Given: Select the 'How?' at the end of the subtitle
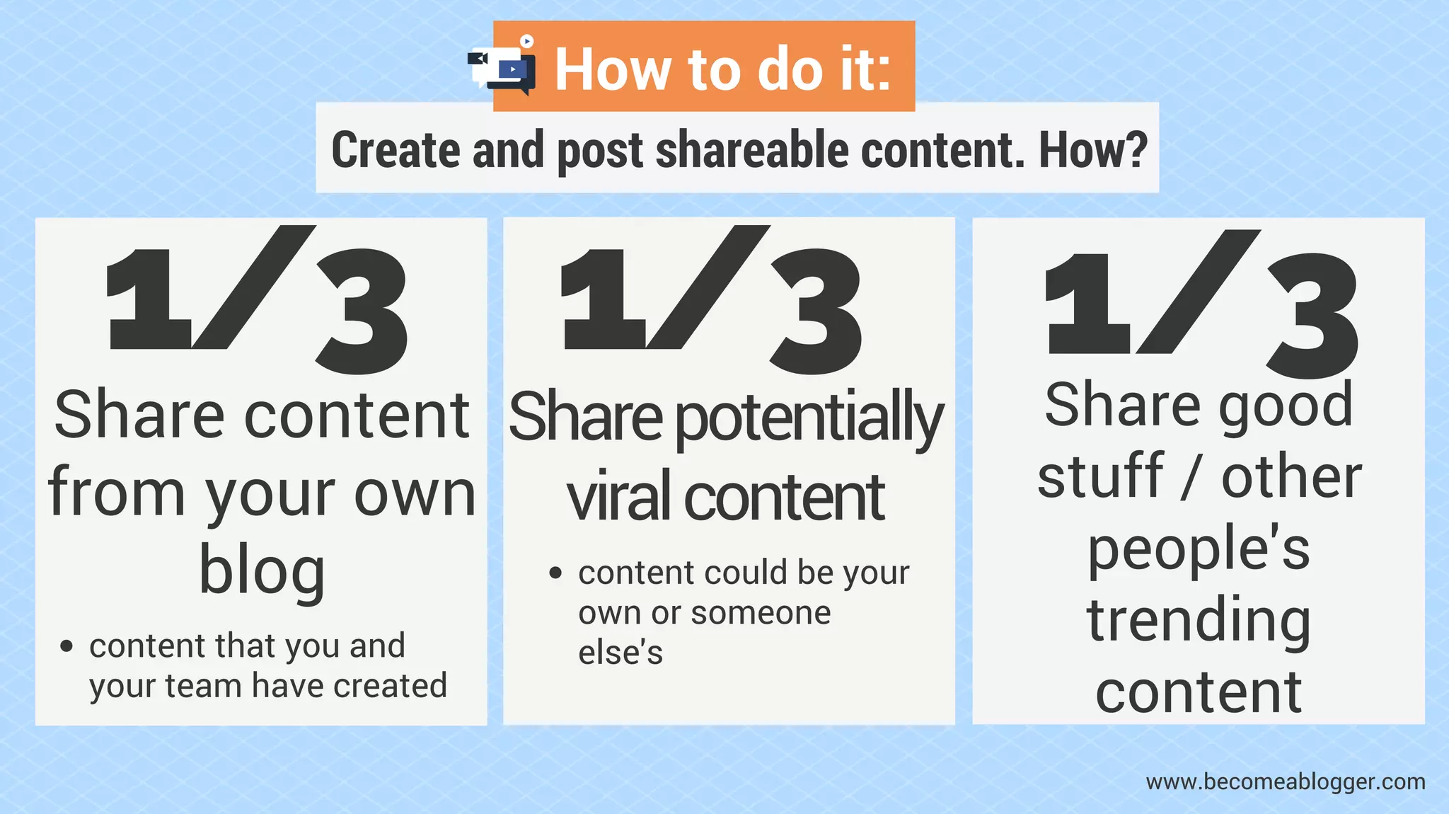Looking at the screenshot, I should click(x=1092, y=150).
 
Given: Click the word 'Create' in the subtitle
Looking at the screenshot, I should click(x=396, y=150).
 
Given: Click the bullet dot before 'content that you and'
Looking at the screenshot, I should click(x=67, y=646).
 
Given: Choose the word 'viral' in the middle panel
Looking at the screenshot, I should click(x=618, y=496).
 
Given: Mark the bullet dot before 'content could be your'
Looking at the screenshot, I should click(x=555, y=573).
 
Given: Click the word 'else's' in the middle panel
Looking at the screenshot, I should click(x=620, y=653).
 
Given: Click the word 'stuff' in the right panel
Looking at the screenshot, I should click(x=1100, y=476).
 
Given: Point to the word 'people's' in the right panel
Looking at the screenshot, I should click(x=1199, y=549).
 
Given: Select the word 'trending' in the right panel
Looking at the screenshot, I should click(x=1199, y=620).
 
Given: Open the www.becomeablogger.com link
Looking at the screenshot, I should click(x=1285, y=782).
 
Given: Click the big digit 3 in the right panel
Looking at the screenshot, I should click(x=1311, y=315).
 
